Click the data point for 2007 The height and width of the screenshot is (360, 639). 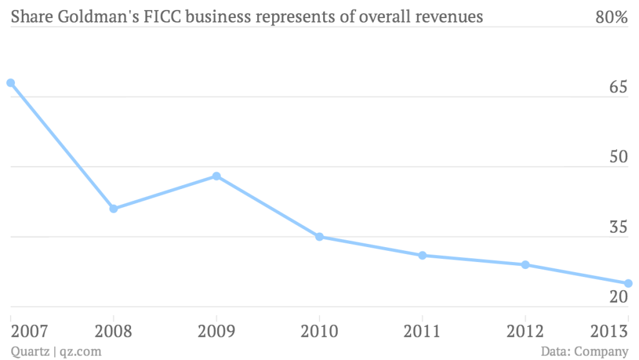click(x=11, y=83)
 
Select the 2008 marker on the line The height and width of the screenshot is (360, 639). click(x=114, y=208)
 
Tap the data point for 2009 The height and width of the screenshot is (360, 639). click(x=217, y=176)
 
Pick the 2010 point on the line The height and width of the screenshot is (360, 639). click(x=319, y=236)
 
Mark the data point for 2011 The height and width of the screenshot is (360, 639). click(x=422, y=255)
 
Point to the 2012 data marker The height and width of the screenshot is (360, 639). click(x=525, y=265)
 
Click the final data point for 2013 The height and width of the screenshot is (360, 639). click(x=628, y=283)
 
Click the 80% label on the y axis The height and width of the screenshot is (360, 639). click(x=611, y=17)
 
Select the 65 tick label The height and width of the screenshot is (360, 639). click(x=618, y=88)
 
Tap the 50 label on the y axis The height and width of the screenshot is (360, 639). click(x=618, y=158)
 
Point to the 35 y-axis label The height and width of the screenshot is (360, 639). click(x=618, y=228)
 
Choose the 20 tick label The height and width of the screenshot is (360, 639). click(x=618, y=298)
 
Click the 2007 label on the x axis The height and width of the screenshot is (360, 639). click(x=29, y=331)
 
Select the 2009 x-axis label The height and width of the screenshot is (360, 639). click(x=216, y=331)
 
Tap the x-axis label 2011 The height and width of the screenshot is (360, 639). click(x=422, y=331)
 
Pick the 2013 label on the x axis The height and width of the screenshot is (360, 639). click(x=609, y=331)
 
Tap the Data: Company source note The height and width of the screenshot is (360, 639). click(x=585, y=351)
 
